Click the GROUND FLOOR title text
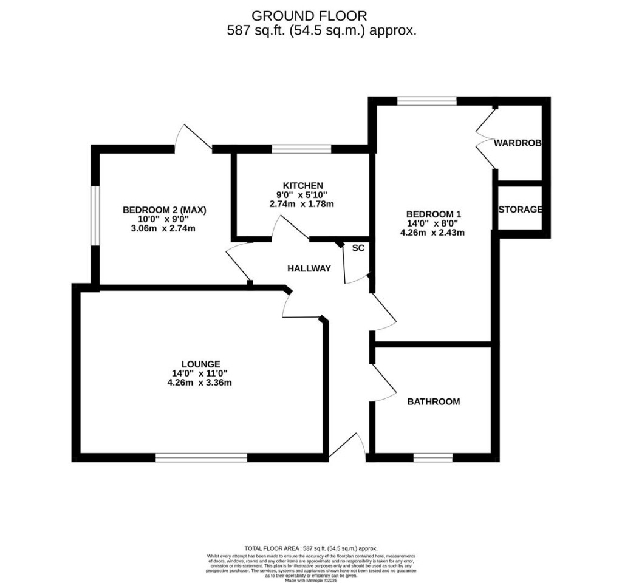point(309,15)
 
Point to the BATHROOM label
point(433,401)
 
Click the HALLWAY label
point(309,268)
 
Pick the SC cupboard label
point(358,248)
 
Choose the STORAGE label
point(520,210)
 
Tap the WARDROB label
point(518,143)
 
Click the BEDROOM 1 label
point(434,214)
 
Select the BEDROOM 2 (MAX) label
point(165,210)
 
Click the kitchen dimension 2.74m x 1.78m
point(302,204)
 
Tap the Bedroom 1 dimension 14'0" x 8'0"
point(434,223)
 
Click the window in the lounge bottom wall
point(202,457)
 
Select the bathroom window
point(433,457)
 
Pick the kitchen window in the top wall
point(301,149)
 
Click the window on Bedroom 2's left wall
point(95,216)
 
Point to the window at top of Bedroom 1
point(427,101)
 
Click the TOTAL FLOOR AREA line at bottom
point(310,547)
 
